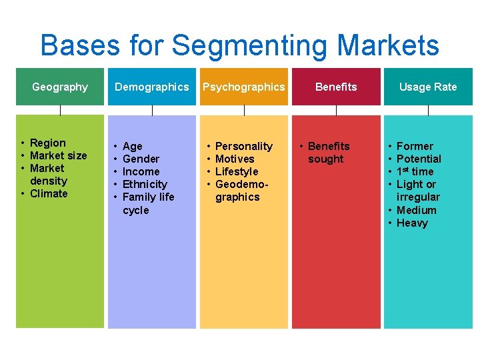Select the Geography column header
point(60,87)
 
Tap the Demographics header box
point(152,87)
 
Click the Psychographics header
point(244,87)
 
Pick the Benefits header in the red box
point(336,87)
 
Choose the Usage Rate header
point(428,87)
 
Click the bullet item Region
point(48,143)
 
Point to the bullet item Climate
point(49,193)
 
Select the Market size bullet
point(58,155)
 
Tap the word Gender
point(141,159)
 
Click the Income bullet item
point(141,171)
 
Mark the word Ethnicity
point(145,184)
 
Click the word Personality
point(244,146)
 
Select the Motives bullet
point(235,159)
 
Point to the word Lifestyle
point(236,171)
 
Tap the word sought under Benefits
point(325,159)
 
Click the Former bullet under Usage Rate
point(415,146)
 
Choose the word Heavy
point(412,223)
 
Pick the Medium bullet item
point(416,210)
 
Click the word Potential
point(419,159)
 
